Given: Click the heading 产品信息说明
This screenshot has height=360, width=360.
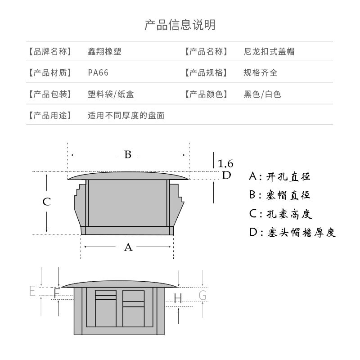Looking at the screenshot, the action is coord(180,24).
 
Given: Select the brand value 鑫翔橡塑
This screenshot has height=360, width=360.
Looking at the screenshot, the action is coord(104,51).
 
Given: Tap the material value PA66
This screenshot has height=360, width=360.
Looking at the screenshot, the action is coord(98,73).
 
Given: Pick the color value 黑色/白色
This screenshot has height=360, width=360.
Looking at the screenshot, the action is coord(262,94).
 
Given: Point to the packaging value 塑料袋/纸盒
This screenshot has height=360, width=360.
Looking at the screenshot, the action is coord(110,94).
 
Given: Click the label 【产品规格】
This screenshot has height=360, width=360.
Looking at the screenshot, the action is coord(205,73).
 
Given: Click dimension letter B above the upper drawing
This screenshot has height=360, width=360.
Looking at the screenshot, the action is coord(128,155).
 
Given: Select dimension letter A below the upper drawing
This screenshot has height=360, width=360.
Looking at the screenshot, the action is coord(128,247).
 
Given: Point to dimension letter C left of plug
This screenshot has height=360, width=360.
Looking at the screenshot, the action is coord(47,202).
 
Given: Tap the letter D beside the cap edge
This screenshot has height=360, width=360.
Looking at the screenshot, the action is coord(226,175).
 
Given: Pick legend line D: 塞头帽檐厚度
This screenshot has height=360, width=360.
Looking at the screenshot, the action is coord(293,233).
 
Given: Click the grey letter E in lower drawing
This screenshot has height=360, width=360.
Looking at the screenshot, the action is coord(32,291).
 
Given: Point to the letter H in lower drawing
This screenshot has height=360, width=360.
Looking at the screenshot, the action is coord(178,298).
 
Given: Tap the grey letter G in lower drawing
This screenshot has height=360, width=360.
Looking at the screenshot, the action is coord(202,296).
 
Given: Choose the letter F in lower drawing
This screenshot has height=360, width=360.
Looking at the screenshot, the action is coord(56,294).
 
